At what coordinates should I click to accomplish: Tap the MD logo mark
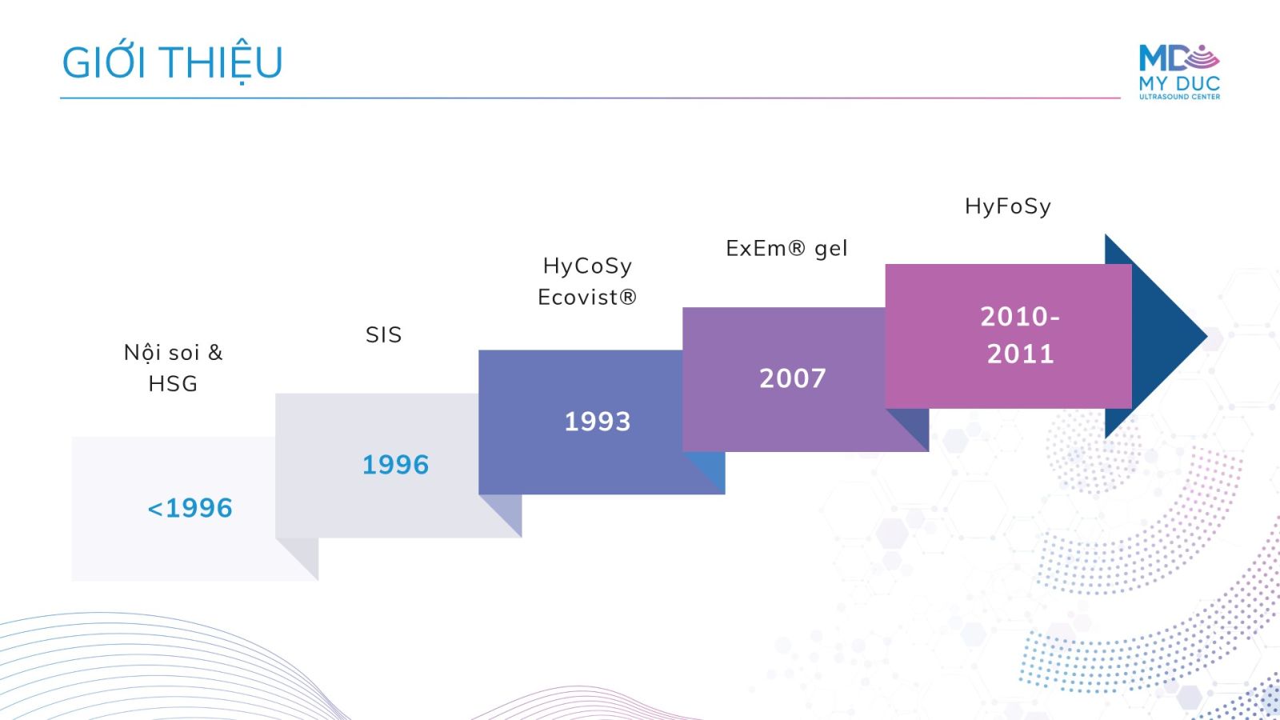1178,58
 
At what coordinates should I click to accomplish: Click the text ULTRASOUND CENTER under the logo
1179,97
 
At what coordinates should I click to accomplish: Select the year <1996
190,508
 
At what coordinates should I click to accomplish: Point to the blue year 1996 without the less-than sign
395,465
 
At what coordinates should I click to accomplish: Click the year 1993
597,422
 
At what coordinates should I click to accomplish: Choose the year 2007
793,378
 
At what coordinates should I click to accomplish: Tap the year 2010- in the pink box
1020,317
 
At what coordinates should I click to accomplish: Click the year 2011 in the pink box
1021,354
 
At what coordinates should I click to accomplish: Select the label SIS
383,335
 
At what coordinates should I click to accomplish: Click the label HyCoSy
587,266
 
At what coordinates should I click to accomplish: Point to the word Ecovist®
587,297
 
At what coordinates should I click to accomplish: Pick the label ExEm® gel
786,249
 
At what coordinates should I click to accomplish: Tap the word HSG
173,384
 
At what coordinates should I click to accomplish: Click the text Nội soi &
173,353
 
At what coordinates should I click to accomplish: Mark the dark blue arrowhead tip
1207,337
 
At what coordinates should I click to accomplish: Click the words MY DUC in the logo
1179,83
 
